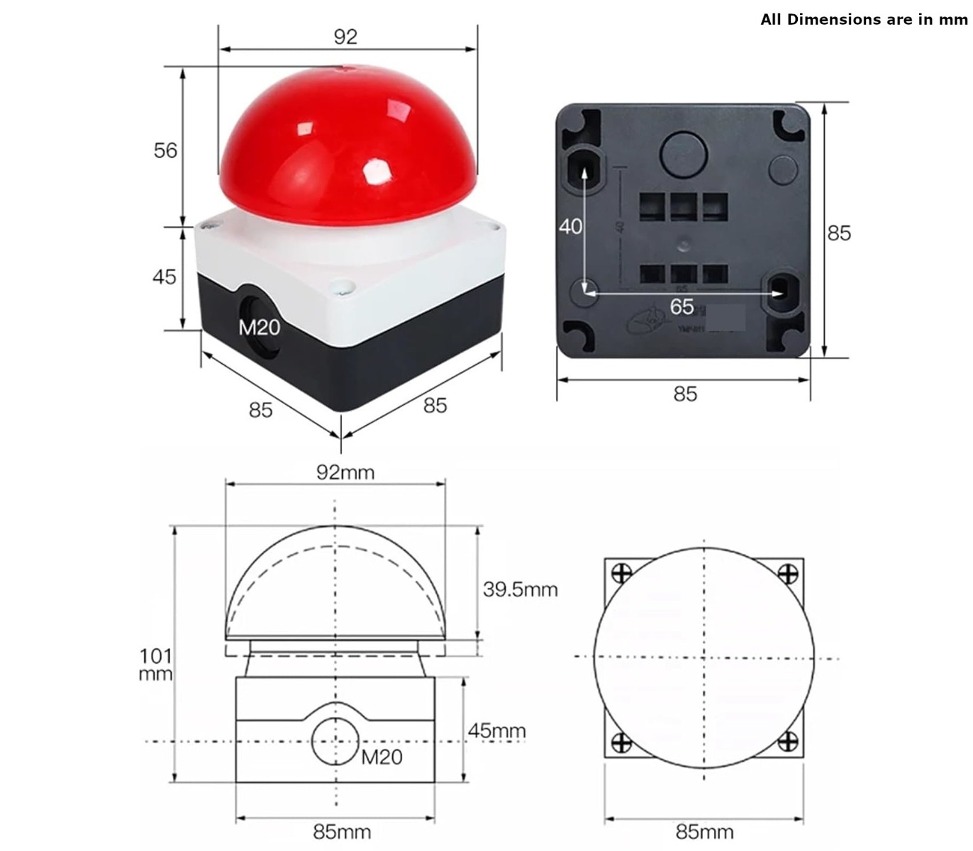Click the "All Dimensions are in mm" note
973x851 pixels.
pyautogui.click(x=863, y=20)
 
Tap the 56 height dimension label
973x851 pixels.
pyautogui.click(x=165, y=150)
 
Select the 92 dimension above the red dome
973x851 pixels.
pyautogui.click(x=345, y=37)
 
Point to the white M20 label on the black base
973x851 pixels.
pyautogui.click(x=259, y=327)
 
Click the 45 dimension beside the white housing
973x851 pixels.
pyautogui.click(x=164, y=277)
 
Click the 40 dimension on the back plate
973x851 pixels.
pyautogui.click(x=570, y=226)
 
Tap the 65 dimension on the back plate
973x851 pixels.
pyautogui.click(x=682, y=306)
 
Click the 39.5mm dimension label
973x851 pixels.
pyautogui.click(x=521, y=589)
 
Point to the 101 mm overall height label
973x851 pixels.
pyautogui.click(x=155, y=664)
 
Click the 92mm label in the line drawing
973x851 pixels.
pyautogui.click(x=345, y=472)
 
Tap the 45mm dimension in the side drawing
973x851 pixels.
pyautogui.click(x=496, y=730)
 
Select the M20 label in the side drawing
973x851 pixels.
pyautogui.click(x=382, y=757)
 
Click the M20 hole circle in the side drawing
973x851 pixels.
pyautogui.click(x=335, y=742)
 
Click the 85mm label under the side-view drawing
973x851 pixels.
pyautogui.click(x=342, y=831)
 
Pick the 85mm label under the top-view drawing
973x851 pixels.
pyautogui.click(x=704, y=831)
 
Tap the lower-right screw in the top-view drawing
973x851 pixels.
pyautogui.click(x=787, y=742)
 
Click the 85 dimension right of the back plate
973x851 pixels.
pyautogui.click(x=838, y=233)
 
